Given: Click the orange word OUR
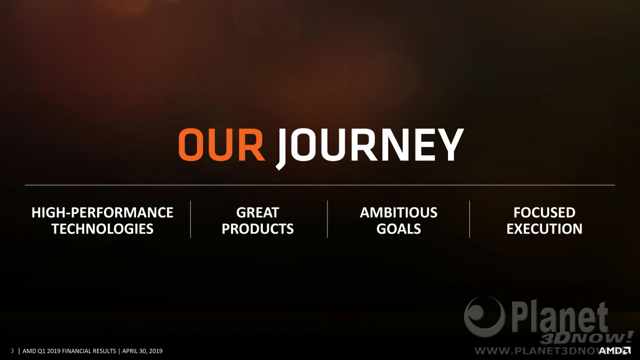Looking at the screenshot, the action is (222, 145).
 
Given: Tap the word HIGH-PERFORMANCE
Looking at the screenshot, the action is (102, 213).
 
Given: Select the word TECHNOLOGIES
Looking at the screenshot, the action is (102, 229).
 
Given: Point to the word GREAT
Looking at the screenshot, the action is (258, 213).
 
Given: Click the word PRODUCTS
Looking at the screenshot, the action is (258, 229).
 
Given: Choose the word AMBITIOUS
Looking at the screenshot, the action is (398, 213).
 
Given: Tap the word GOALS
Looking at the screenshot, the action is (398, 229).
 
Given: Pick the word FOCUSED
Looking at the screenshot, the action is (545, 213).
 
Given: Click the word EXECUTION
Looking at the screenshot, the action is (545, 229).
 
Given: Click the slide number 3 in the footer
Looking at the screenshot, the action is (12, 350).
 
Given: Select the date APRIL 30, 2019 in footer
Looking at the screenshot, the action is (142, 351).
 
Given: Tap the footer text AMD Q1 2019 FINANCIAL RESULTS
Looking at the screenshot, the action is (69, 351).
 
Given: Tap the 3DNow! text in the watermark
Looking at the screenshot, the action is (586, 338).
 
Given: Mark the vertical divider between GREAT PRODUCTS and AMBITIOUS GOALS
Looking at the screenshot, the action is (327, 219).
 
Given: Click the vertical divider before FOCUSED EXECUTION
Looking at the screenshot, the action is (469, 219).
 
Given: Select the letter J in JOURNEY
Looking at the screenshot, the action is (283, 149).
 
